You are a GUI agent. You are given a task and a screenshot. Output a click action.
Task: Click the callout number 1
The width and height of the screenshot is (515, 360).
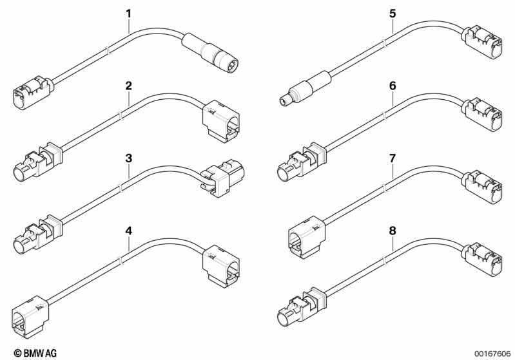(128, 13)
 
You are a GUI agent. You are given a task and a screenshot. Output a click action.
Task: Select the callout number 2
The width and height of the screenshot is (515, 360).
(128, 85)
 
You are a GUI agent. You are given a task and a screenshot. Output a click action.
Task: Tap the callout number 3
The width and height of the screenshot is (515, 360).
(128, 157)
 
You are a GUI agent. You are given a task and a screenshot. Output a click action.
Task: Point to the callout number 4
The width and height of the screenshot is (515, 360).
(128, 230)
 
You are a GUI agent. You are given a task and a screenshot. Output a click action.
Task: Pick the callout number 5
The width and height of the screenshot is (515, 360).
(393, 13)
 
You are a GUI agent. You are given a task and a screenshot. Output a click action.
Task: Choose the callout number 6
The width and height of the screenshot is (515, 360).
(393, 85)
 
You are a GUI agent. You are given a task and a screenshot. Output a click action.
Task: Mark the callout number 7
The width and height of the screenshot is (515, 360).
(393, 157)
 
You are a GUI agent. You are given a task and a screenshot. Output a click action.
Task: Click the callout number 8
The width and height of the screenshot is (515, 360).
(393, 230)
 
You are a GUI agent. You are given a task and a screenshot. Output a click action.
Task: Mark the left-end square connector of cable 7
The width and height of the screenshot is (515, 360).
(304, 239)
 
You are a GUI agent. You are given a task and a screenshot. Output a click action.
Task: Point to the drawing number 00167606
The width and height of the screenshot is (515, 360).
(492, 353)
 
